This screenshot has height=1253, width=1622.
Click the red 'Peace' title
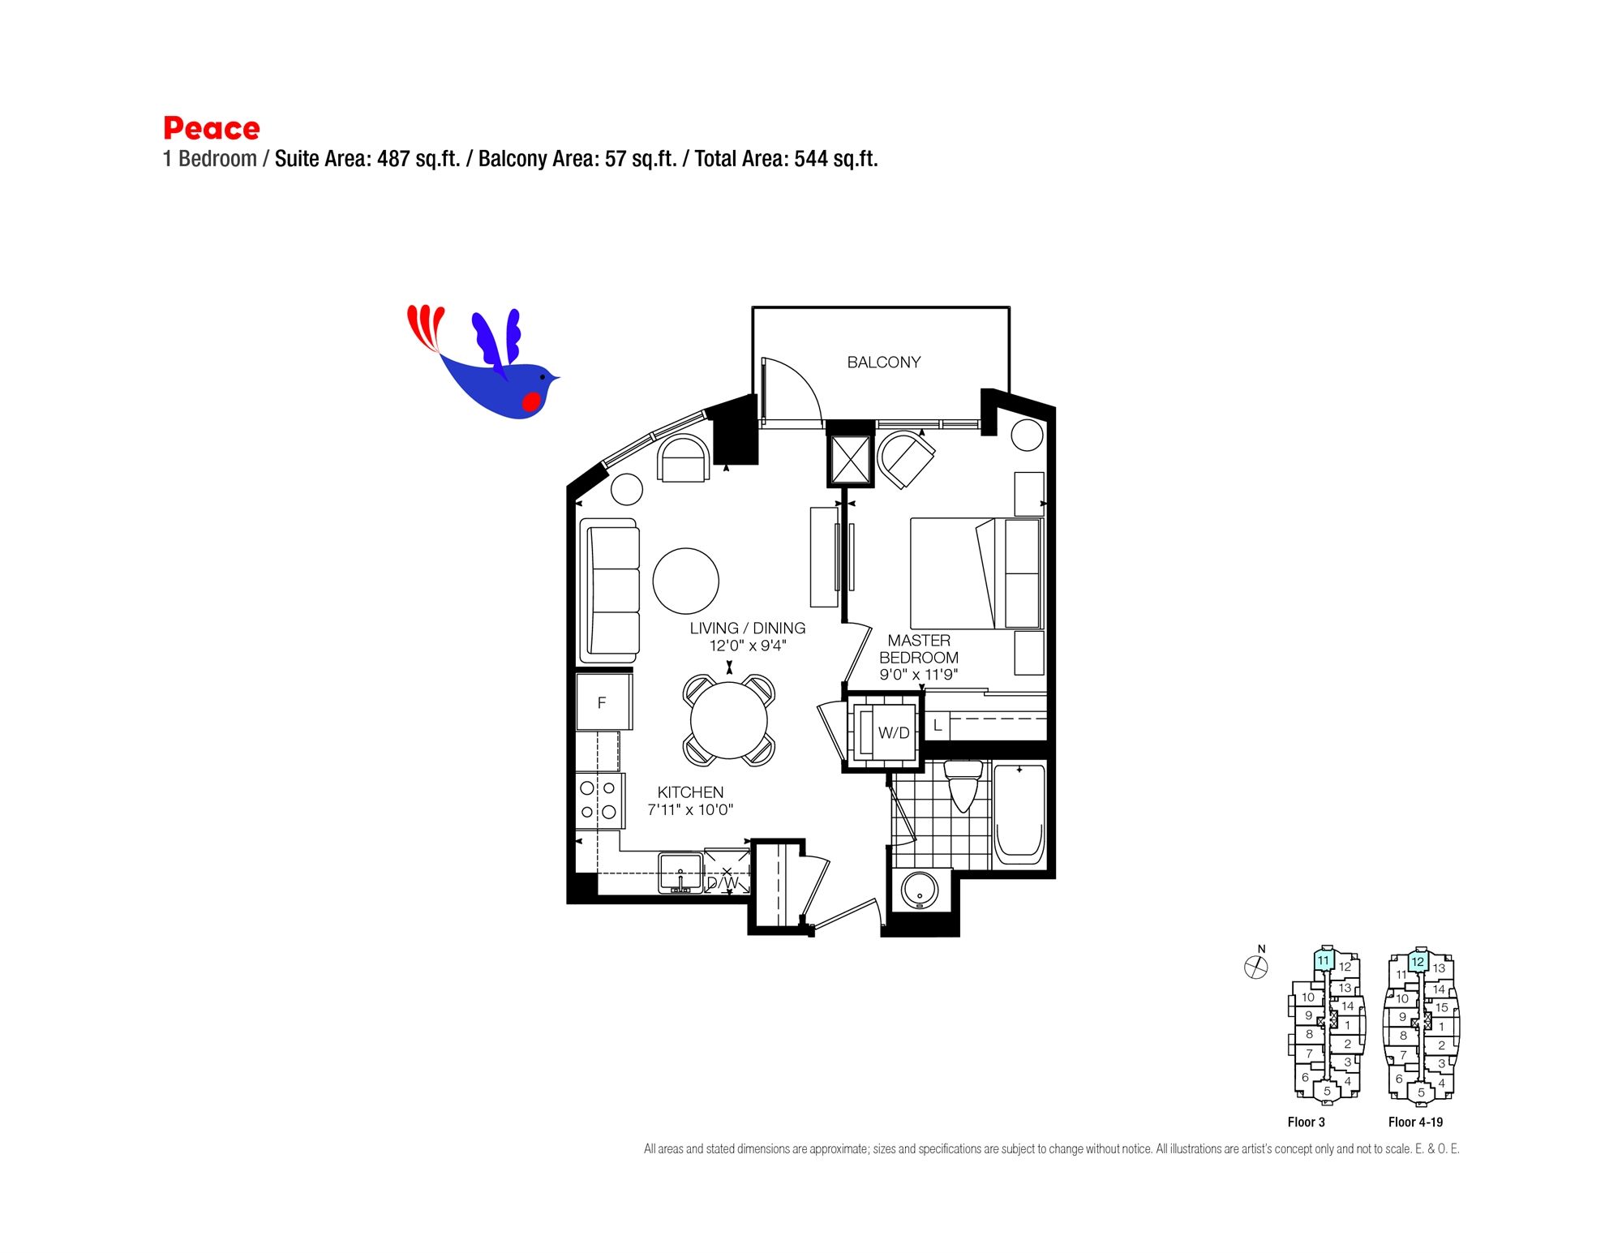pos(212,128)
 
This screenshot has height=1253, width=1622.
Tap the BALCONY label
pos(884,363)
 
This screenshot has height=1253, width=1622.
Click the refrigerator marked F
pos(603,702)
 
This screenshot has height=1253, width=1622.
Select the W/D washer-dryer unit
pos(885,732)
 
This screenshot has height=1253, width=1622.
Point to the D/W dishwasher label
pos(723,882)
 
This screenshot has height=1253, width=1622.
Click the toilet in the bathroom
pos(963,785)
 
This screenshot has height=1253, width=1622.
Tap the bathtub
pos(1019,813)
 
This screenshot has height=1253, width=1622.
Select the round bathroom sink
pos(920,890)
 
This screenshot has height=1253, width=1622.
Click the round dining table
pos(729,720)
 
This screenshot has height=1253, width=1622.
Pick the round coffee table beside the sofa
pos(686,581)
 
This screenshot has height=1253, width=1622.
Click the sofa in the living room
pos(610,590)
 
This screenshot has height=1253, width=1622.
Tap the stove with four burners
pos(600,800)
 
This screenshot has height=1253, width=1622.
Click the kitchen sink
pos(680,873)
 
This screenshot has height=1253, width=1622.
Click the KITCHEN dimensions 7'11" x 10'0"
pos(690,809)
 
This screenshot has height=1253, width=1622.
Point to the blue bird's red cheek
pos(531,401)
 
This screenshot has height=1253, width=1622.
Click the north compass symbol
pos(1256,967)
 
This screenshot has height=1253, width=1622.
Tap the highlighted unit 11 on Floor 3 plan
pos(1324,961)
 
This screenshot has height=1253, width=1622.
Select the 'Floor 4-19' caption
pos(1415,1122)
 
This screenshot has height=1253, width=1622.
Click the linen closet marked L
pos(938,725)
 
